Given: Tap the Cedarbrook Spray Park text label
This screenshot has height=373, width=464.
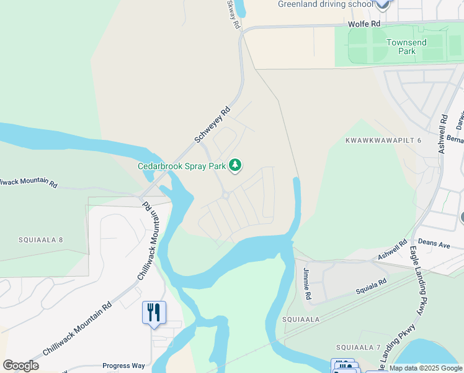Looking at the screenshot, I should coord(182,166).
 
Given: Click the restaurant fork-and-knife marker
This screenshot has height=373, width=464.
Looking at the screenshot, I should coord(154,311).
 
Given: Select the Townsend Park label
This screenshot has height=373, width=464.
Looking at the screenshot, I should coord(406,47).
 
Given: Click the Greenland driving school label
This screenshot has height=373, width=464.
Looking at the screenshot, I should coord(325,4).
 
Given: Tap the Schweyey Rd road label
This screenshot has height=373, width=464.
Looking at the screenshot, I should coord(212,125).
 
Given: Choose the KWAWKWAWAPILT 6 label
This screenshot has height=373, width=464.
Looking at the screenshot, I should coord(383,140).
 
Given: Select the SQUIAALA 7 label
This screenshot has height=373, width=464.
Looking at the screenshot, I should coord(358,347).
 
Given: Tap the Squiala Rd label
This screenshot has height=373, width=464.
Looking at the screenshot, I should coord(371,285).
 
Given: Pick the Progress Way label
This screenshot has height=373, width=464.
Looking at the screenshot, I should coord(123,366).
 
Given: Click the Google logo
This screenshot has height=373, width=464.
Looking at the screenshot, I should coord(21,365).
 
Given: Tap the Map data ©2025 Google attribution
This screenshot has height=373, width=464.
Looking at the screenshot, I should coord(426,369).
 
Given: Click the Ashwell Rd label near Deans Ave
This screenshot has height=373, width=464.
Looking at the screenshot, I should coord(392,251).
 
